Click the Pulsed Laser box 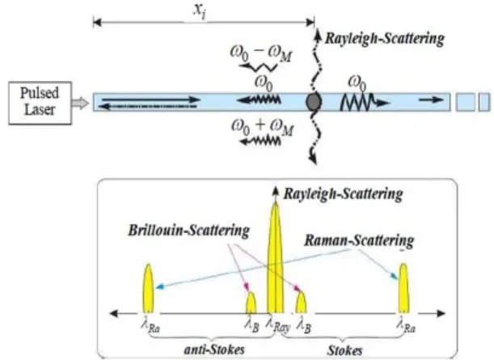(40, 103)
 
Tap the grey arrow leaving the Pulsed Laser (80, 103)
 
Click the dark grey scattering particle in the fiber (314, 102)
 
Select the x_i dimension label (200, 11)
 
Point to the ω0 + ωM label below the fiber (263, 127)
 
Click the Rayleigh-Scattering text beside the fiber (384, 39)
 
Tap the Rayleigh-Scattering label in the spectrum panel (344, 194)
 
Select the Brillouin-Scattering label (189, 231)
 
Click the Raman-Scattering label (359, 241)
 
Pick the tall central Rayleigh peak (276, 258)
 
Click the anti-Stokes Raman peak (149, 288)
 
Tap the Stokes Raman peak (403, 288)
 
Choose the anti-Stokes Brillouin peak (251, 303)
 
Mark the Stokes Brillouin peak (301, 303)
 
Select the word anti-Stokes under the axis (214, 349)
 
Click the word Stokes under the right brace (345, 350)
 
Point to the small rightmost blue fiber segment (484, 102)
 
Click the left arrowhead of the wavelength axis (113, 313)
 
